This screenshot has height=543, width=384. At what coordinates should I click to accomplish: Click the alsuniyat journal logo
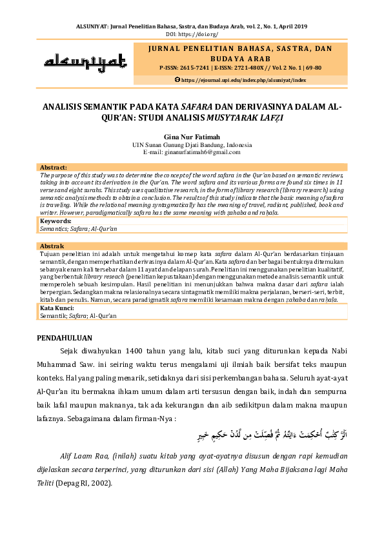coord(85,62)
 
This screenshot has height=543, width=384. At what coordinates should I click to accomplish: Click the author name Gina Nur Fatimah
coord(192,137)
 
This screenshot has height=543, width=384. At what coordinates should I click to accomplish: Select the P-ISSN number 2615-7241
coord(193,67)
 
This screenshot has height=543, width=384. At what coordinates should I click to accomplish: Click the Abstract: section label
coord(54,167)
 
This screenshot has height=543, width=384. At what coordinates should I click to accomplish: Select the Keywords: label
coord(56,221)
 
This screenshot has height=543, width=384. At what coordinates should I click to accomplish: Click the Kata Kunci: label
coord(57,308)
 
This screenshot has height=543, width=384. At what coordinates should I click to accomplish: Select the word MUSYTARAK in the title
coord(234,118)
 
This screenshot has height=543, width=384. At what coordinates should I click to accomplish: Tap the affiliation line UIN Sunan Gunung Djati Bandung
coord(192,145)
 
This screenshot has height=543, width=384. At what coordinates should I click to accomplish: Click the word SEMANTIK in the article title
coord(101,106)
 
